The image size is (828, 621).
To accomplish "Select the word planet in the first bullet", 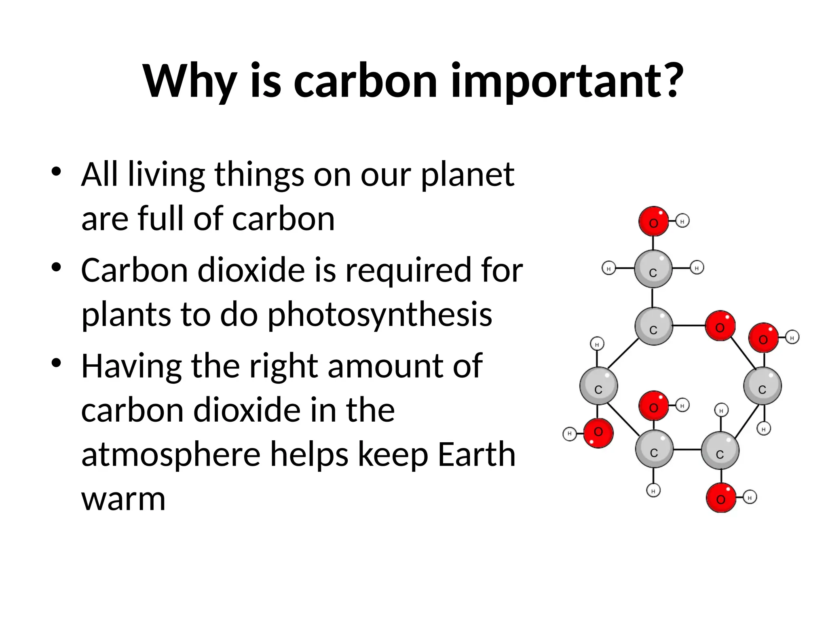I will pyautogui.click(x=467, y=175).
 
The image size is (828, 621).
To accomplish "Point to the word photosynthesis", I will pyautogui.click(x=379, y=315).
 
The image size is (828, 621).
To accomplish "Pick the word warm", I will pyautogui.click(x=123, y=499).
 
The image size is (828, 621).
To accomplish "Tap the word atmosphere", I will pyautogui.click(x=171, y=454).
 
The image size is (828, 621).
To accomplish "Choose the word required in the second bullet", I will pyautogui.click(x=408, y=270).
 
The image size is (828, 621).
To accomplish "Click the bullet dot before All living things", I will pyautogui.click(x=56, y=171).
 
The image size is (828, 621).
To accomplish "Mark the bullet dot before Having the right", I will pyautogui.click(x=56, y=363).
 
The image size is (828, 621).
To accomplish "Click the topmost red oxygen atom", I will pyautogui.click(x=653, y=222).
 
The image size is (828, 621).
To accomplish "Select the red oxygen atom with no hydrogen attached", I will pyautogui.click(x=720, y=326).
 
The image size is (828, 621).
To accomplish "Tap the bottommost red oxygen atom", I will pyautogui.click(x=721, y=498).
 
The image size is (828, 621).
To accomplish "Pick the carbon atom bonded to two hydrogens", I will pyautogui.click(x=653, y=269).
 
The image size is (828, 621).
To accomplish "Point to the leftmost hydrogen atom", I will pyautogui.click(x=569, y=434).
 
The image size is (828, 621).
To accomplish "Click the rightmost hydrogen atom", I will pyautogui.click(x=792, y=338).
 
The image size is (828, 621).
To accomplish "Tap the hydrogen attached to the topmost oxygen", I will pyautogui.click(x=682, y=221).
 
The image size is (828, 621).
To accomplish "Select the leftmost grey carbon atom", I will pyautogui.click(x=598, y=386).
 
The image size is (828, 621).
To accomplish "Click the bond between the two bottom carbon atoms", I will pyautogui.click(x=687, y=450).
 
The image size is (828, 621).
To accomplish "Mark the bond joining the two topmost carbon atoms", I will pyautogui.click(x=653, y=298).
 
